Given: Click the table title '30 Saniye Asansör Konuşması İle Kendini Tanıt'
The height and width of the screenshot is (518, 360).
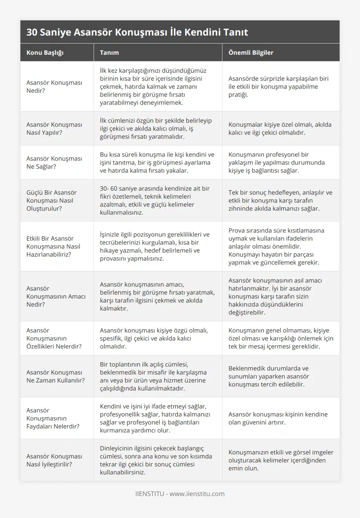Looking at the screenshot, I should click(x=137, y=32).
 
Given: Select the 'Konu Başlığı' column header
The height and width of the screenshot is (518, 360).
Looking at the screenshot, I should click(x=45, y=53).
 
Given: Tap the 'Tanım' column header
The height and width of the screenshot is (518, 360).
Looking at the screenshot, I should click(x=109, y=53).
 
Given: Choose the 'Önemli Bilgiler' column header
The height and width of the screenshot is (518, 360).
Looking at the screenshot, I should click(x=251, y=53).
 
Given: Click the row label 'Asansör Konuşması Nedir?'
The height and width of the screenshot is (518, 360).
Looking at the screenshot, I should click(x=54, y=86).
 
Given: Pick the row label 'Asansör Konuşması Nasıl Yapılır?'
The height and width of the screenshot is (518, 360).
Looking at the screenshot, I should click(x=54, y=128).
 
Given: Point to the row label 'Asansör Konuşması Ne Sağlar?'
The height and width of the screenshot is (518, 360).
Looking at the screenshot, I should click(x=54, y=162).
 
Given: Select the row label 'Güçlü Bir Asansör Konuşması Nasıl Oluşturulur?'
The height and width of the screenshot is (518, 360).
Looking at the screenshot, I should click(x=52, y=200).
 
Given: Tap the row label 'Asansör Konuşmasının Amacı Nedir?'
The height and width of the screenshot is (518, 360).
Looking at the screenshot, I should click(x=56, y=296).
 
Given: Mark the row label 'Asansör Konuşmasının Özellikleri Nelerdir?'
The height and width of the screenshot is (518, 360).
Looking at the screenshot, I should click(x=54, y=338).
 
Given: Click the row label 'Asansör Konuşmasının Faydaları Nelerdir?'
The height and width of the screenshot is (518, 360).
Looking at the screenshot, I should click(x=53, y=418).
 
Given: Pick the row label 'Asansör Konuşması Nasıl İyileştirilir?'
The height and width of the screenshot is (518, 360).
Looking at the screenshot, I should click(x=54, y=460).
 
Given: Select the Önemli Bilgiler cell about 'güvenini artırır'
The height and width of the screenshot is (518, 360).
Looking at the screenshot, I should click(x=278, y=418).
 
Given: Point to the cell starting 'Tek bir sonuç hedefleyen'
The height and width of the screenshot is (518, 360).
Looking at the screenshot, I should click(x=280, y=200).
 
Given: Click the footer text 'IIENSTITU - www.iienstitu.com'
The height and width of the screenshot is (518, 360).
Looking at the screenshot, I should click(x=180, y=494).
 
